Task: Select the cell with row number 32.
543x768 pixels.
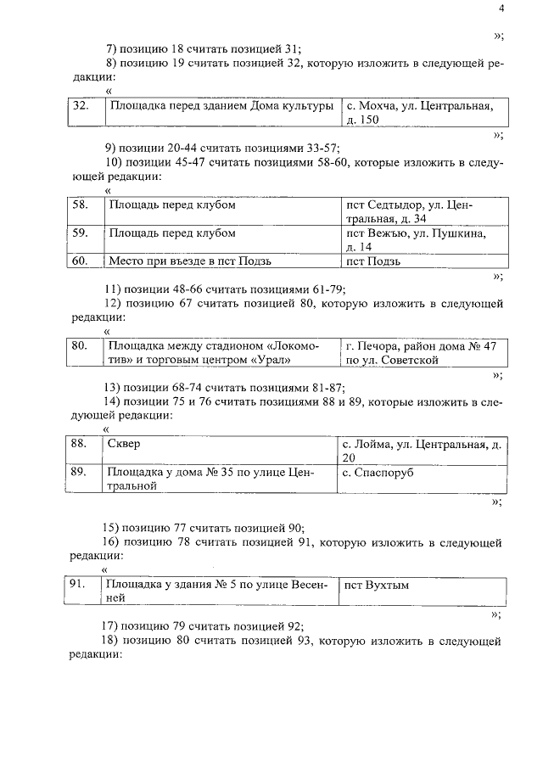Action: click(83, 112)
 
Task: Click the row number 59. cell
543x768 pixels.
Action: click(83, 240)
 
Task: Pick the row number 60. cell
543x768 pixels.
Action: click(83, 261)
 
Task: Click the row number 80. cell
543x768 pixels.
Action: click(83, 352)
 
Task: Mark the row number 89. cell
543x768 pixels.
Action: click(83, 479)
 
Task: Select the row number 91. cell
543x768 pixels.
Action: click(83, 591)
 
